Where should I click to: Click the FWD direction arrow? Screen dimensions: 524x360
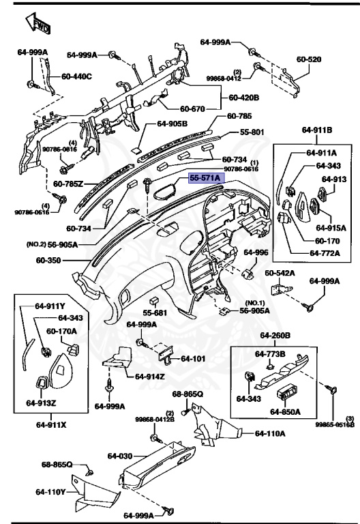point(35,24)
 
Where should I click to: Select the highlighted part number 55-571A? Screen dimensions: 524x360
point(205,178)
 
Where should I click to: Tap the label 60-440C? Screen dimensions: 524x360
point(77,76)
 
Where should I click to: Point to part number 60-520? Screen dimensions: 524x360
point(308,59)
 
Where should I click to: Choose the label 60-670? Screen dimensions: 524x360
point(194,108)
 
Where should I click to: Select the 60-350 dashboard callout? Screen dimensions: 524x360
point(49,260)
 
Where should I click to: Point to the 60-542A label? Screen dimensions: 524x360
point(280,273)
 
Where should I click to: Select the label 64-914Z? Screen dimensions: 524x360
point(150,376)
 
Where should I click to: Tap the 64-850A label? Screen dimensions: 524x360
point(286,411)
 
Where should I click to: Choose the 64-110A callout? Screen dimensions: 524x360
point(270,433)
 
